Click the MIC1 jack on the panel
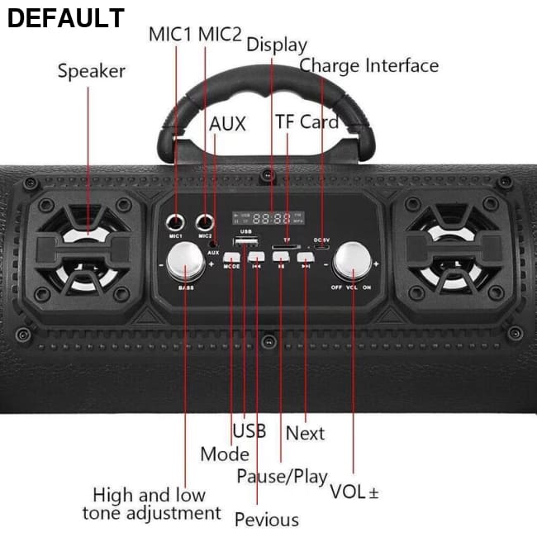[x=175, y=221]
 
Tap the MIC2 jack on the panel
[x=204, y=221]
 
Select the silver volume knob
[x=353, y=264]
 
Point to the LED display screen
[x=268, y=219]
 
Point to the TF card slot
[x=285, y=246]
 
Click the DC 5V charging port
[x=321, y=247]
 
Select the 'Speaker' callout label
[x=91, y=71]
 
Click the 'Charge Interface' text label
[x=368, y=65]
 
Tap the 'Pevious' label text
[x=266, y=519]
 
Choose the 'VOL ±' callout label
[x=354, y=492]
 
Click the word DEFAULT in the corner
[x=65, y=18]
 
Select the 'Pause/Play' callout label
[x=282, y=477]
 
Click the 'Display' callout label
[x=276, y=45]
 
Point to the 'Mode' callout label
[x=224, y=454]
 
